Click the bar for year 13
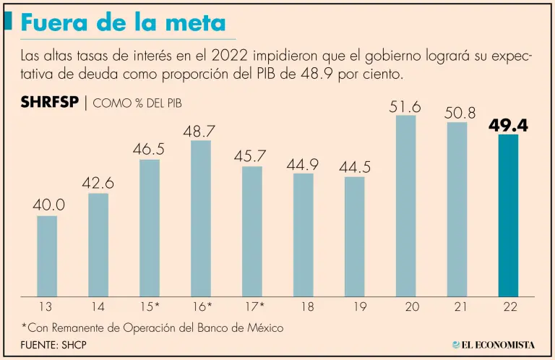[47, 257]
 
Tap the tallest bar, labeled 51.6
[406, 206]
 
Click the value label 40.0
[48, 205]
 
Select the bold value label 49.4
[508, 125]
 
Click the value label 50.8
[457, 113]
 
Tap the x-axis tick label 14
[98, 307]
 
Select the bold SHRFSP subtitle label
[51, 103]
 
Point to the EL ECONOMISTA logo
[493, 345]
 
